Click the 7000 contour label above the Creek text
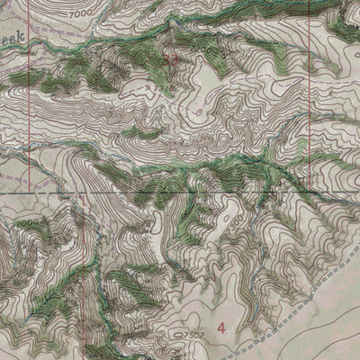[80, 15]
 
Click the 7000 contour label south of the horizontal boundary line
[28, 221]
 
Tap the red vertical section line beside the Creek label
[37, 54]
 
